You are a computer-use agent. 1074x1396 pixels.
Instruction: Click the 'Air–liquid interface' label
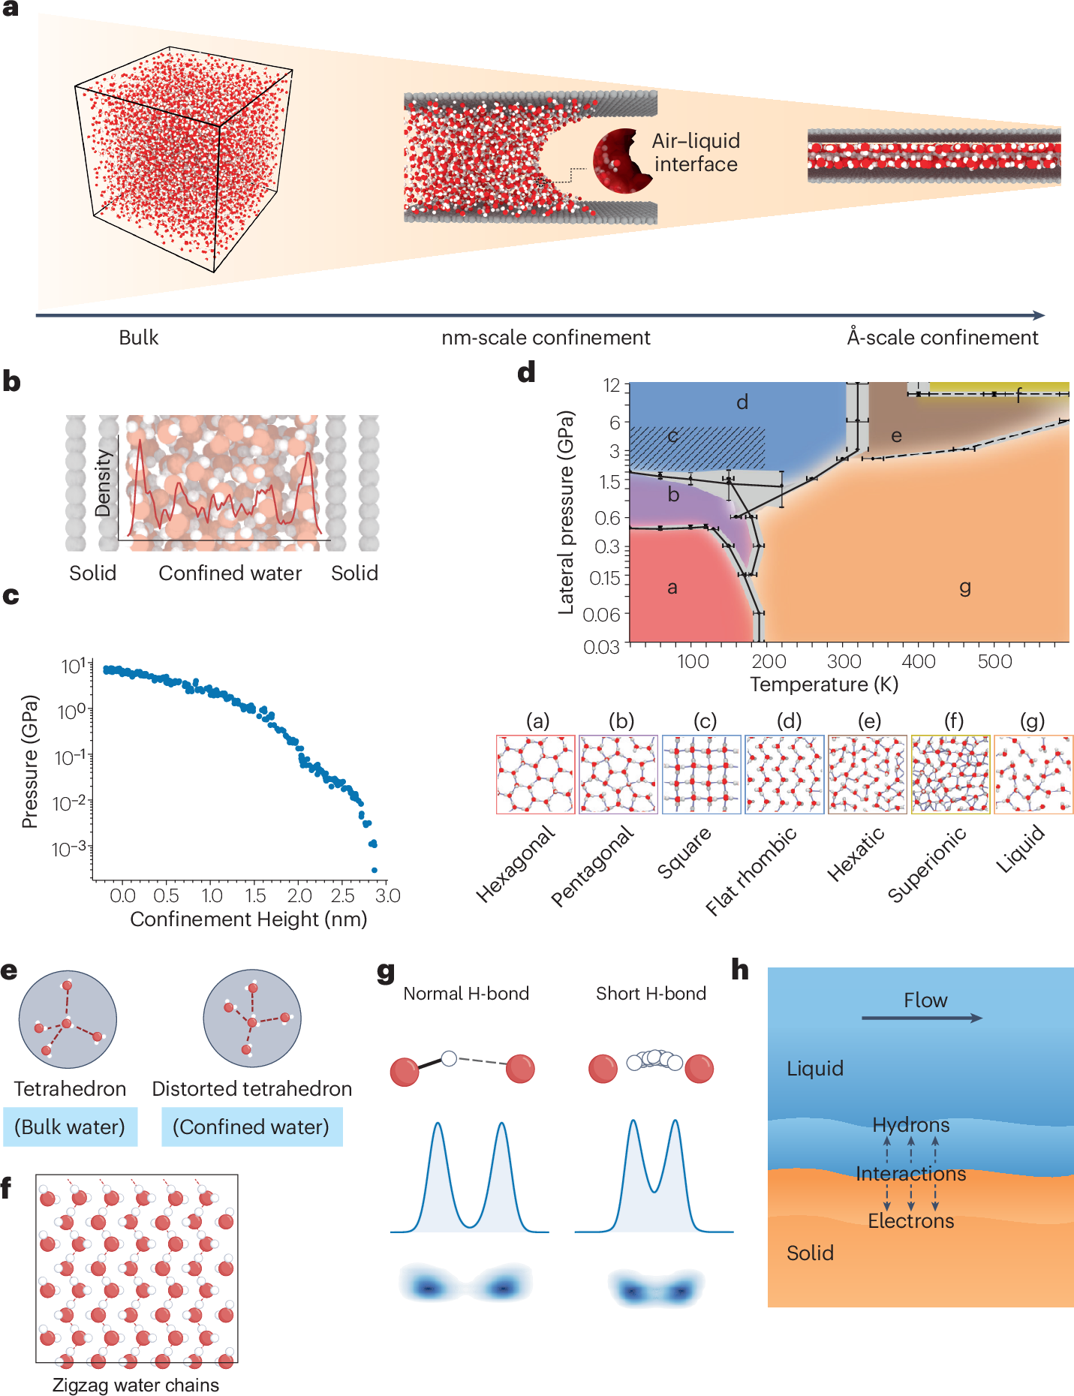(x=696, y=152)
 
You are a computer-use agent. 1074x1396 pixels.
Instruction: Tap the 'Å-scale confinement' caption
(x=943, y=337)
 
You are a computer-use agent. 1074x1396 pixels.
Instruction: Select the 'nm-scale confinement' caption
(x=546, y=338)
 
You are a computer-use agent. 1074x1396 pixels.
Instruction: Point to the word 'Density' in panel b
(x=104, y=483)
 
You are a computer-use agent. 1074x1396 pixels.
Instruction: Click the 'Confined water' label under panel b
(x=230, y=573)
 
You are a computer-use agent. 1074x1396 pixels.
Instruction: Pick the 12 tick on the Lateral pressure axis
(x=612, y=386)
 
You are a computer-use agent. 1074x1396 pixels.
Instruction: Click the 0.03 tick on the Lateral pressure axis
(x=601, y=647)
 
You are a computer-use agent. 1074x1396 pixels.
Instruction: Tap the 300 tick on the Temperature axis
(x=844, y=661)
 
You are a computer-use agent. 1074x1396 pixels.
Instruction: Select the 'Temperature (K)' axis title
(x=824, y=684)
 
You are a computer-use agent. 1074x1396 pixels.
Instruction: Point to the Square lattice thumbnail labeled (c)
(x=701, y=775)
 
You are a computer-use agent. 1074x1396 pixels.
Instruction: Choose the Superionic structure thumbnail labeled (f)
(x=950, y=775)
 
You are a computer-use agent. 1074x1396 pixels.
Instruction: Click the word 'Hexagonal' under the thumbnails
(x=516, y=863)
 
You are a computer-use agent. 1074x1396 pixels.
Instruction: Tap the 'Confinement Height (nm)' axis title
(x=248, y=919)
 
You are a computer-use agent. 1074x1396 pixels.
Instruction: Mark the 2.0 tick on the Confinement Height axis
(x=299, y=895)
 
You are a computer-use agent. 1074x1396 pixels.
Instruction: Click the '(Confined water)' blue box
(x=251, y=1127)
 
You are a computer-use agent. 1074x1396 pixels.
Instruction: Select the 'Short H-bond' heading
(x=651, y=994)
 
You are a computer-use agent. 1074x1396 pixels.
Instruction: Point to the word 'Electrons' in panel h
(x=910, y=1221)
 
